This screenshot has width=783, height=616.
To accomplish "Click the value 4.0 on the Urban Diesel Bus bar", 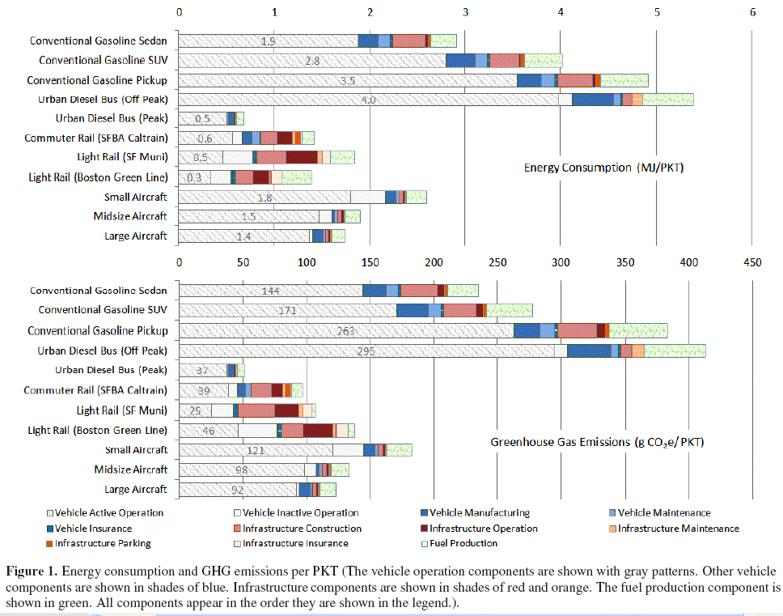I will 368,100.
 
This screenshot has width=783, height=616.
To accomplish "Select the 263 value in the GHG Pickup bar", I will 345,330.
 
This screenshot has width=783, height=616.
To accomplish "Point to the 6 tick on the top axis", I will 752,13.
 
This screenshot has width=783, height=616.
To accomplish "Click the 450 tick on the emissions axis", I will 752,262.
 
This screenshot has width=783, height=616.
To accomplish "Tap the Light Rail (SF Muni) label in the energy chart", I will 121,158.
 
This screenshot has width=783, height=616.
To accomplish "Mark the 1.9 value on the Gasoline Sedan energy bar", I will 269,40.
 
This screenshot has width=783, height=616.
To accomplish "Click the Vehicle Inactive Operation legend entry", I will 300,513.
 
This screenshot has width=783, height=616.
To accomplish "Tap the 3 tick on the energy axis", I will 466,13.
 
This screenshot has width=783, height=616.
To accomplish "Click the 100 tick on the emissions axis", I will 306,262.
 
